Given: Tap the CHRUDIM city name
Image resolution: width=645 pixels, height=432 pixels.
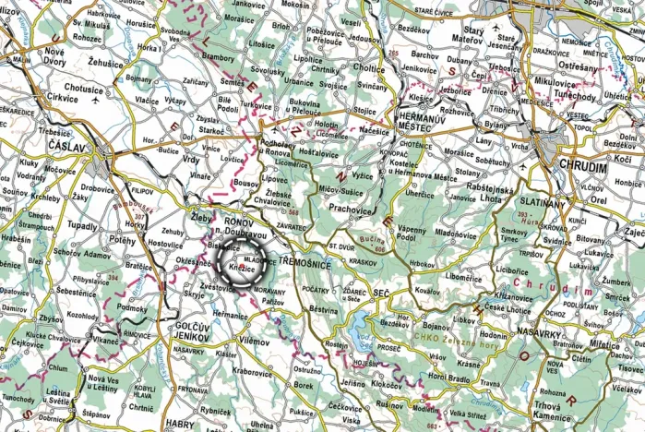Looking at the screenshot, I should click(x=582, y=167).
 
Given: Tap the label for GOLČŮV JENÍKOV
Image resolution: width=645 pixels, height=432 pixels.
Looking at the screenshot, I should click(x=193, y=336).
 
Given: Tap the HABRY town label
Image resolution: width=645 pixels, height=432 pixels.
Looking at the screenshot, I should click(x=182, y=425).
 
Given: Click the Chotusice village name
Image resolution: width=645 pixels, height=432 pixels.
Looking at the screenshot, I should click(x=84, y=90).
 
